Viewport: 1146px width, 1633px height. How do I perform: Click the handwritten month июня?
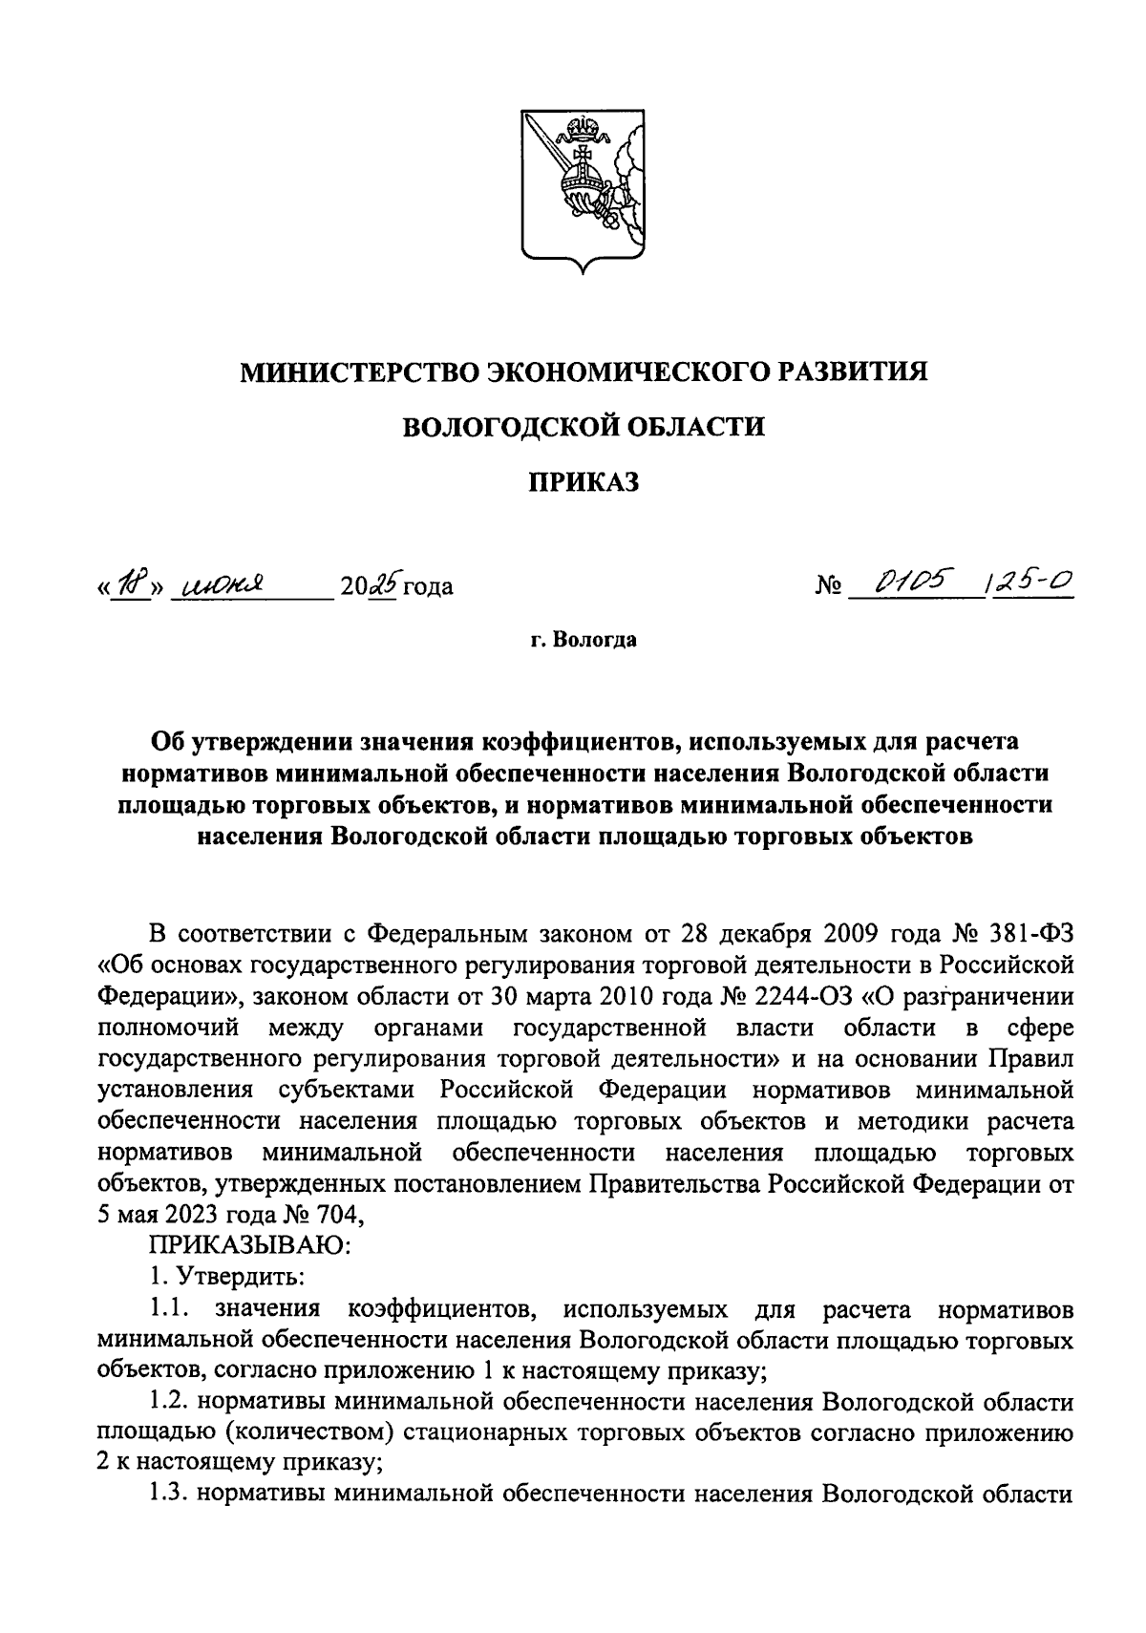coord(221,584)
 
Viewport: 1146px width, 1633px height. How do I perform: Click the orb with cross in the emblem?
coord(580,179)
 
